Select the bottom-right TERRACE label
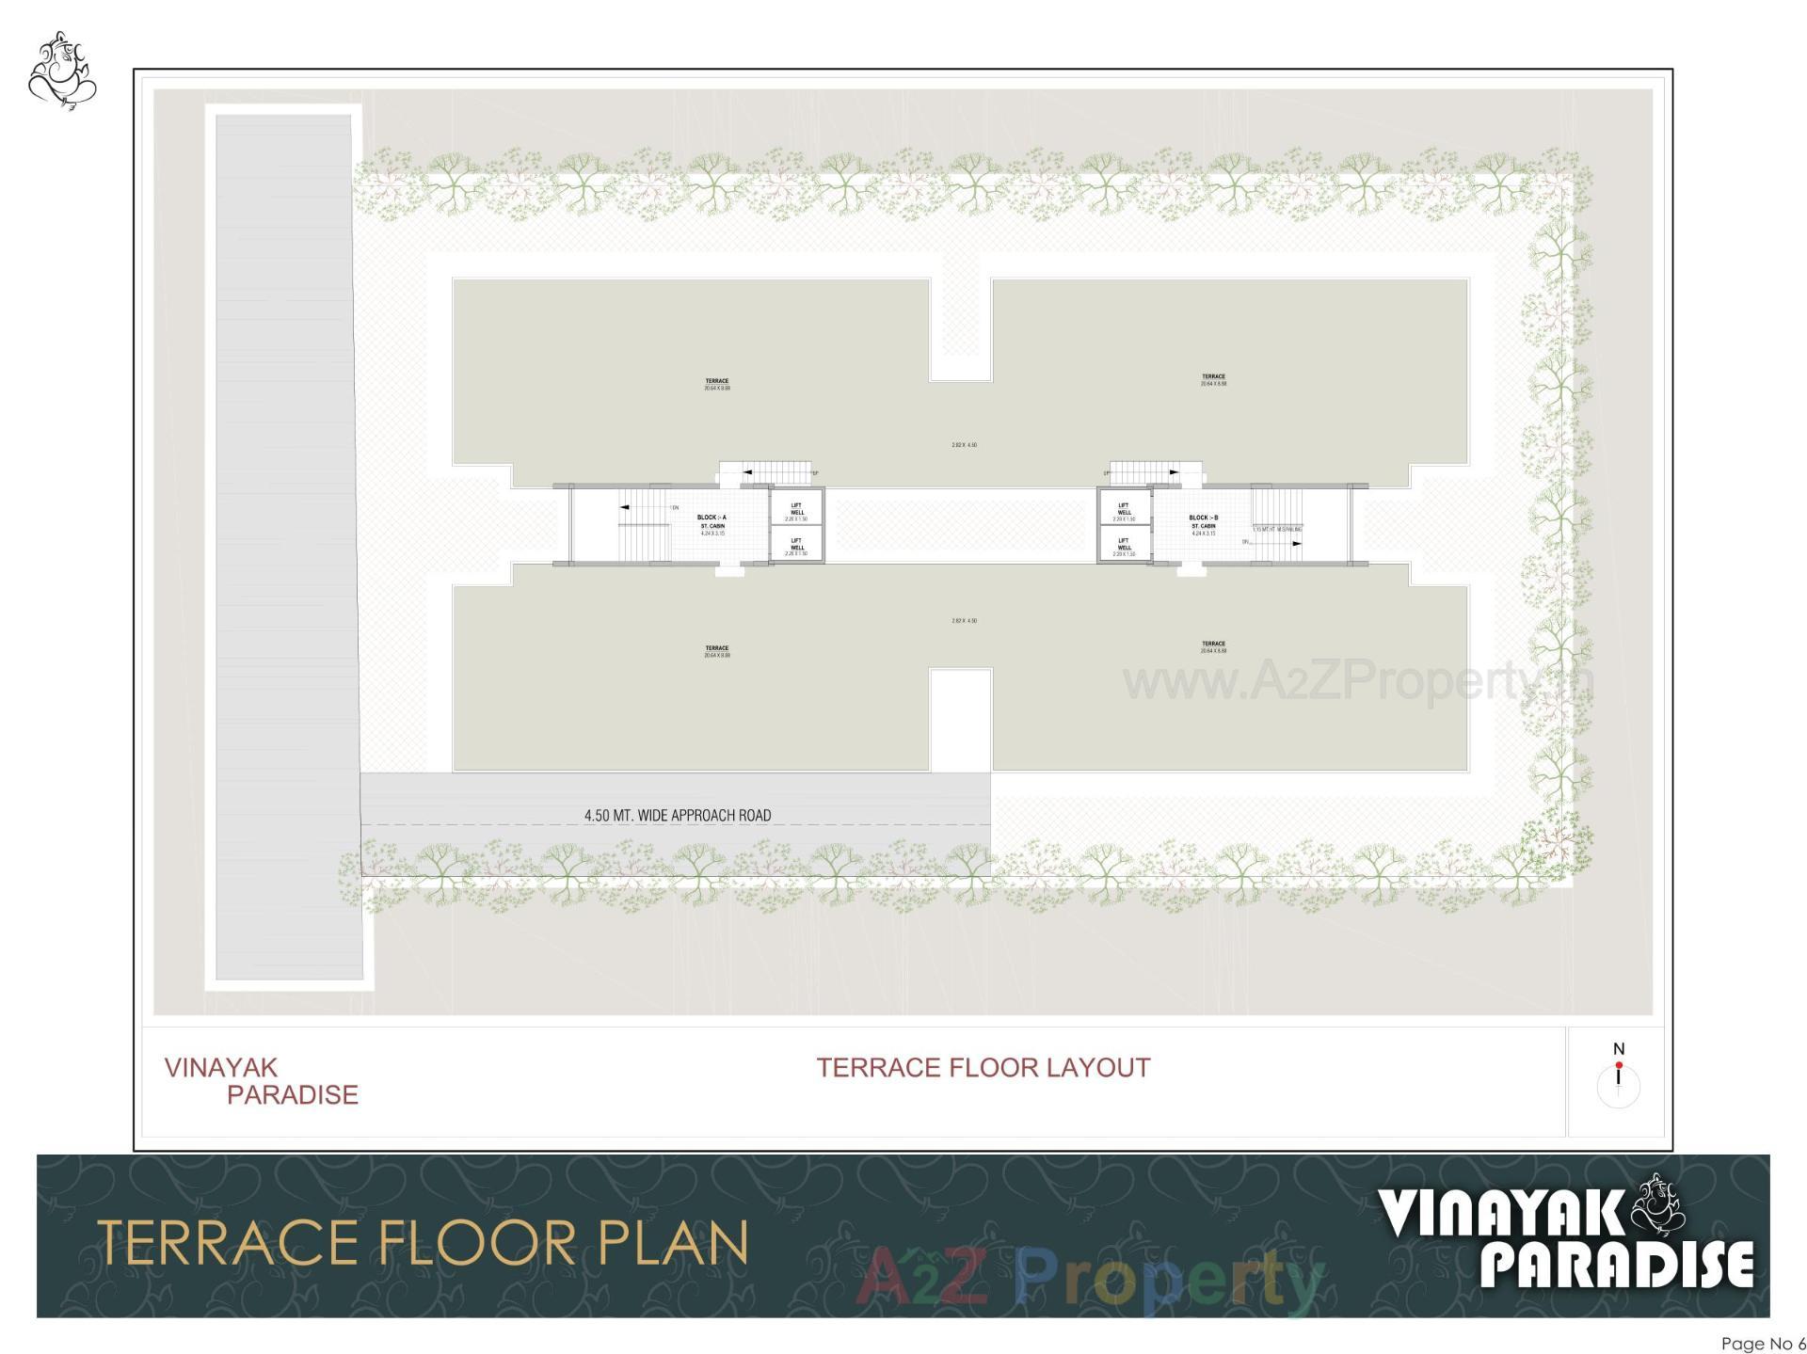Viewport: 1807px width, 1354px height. point(1213,646)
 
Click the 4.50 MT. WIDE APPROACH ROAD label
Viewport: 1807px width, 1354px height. point(677,815)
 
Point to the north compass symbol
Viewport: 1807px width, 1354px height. point(1618,1078)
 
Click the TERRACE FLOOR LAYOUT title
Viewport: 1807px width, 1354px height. point(983,1068)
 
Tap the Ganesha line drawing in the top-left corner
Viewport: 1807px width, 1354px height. point(62,71)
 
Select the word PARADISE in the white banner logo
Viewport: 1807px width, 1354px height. point(1617,1264)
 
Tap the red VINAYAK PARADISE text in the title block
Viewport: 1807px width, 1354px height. point(261,1081)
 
